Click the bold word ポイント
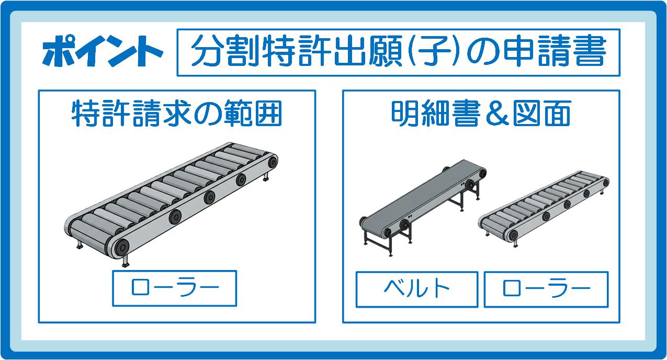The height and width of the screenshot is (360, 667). [x=103, y=51]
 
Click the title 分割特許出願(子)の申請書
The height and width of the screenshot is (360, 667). [x=399, y=51]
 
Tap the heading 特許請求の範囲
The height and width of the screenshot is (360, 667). [x=177, y=114]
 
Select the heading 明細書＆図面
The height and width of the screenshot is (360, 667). [x=481, y=114]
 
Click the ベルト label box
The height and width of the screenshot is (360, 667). [x=417, y=289]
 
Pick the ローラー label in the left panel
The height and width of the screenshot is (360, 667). [x=175, y=288]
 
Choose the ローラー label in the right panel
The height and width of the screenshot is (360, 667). [x=546, y=289]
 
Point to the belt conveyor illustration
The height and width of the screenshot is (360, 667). [x=423, y=208]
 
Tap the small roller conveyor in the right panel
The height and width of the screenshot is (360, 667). [x=544, y=208]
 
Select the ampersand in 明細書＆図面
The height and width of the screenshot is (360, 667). [x=496, y=114]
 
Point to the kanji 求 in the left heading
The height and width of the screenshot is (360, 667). [x=177, y=114]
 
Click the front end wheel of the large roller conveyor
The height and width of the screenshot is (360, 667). [x=121, y=246]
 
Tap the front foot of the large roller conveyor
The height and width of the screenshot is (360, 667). [x=126, y=262]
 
